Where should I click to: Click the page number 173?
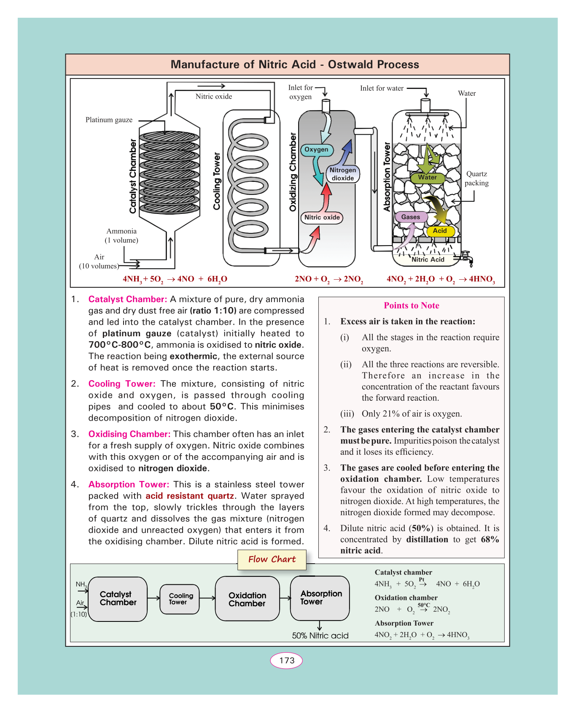click(286, 660)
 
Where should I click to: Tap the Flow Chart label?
click(272, 559)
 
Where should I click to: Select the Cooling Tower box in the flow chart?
click(180, 599)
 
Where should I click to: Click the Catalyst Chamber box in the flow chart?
click(118, 599)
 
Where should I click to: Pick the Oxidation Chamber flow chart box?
click(247, 599)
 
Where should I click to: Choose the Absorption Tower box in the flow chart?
click(320, 598)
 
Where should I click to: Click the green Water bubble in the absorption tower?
click(427, 178)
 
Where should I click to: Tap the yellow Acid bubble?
click(440, 231)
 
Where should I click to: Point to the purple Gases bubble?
click(411, 217)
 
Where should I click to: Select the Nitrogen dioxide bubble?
click(343, 174)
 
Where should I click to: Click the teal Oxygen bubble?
click(316, 150)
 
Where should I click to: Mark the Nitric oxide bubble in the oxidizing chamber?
click(322, 217)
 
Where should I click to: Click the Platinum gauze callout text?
click(109, 120)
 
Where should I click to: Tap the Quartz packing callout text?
click(476, 178)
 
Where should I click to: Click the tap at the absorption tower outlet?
click(467, 257)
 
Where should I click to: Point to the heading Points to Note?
click(411, 305)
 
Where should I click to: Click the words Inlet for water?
click(382, 88)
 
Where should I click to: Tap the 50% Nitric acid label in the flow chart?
click(320, 636)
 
